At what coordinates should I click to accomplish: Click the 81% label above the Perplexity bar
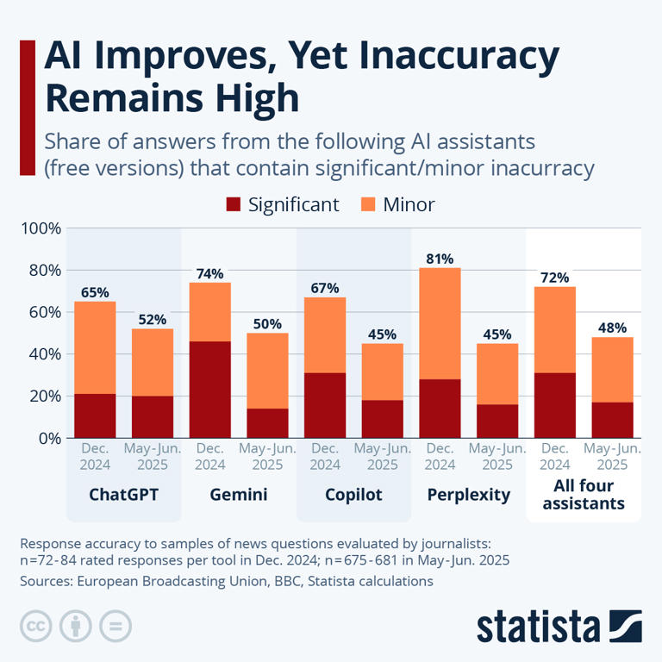coord(440,258)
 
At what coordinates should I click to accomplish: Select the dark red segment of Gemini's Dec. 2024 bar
coord(209,390)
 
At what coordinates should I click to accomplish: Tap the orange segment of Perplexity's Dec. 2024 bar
coord(440,323)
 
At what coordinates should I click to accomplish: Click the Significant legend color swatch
coord(233,205)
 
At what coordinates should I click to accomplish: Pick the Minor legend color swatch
coord(368,205)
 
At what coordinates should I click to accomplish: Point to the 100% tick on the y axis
coord(41,228)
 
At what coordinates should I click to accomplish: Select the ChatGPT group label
coord(123,496)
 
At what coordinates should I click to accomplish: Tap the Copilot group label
coord(353,496)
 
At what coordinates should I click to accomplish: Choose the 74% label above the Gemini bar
coord(209,272)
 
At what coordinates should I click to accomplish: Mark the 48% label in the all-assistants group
coord(612,328)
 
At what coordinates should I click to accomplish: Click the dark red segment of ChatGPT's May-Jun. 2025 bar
coord(153,417)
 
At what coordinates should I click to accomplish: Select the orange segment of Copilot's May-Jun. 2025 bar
coord(382,372)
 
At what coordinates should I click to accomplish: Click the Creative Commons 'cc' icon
coord(35,625)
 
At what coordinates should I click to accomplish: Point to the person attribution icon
coord(75,625)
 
